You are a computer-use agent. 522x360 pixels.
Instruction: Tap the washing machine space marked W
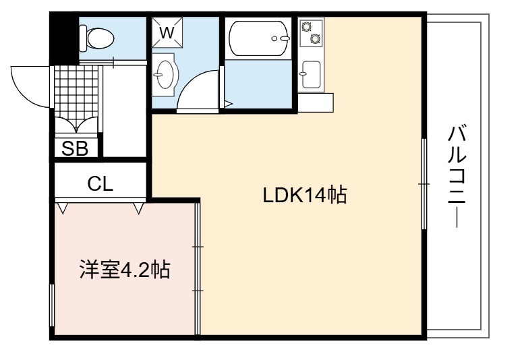(167, 32)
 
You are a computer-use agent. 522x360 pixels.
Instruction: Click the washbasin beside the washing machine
(164, 75)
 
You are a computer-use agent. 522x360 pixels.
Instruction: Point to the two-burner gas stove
(312, 33)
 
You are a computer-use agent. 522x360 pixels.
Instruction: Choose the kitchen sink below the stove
(311, 74)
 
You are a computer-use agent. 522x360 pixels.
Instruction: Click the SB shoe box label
(76, 148)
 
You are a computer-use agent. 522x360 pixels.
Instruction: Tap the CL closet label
(100, 183)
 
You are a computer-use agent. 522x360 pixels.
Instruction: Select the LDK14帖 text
(305, 196)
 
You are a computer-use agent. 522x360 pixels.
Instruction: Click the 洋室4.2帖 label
(125, 270)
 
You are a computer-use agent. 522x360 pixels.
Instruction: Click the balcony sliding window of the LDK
(424, 183)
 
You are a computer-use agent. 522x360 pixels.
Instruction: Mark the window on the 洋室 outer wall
(52, 305)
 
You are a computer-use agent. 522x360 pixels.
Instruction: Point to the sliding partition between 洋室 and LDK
(198, 269)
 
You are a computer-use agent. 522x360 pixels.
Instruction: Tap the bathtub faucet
(281, 38)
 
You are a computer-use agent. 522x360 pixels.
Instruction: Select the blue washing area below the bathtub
(258, 84)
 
